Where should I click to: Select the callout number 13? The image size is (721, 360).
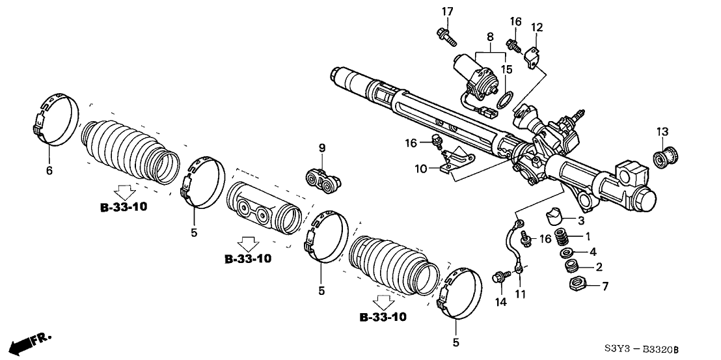[x=662, y=133]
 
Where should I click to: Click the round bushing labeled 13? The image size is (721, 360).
[x=665, y=158]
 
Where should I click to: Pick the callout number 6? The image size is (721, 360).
[x=49, y=171]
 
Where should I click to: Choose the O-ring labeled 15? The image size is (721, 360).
[x=502, y=100]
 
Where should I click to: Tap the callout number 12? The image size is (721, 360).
[x=536, y=27]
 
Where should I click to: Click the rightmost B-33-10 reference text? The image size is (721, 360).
[x=383, y=317]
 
